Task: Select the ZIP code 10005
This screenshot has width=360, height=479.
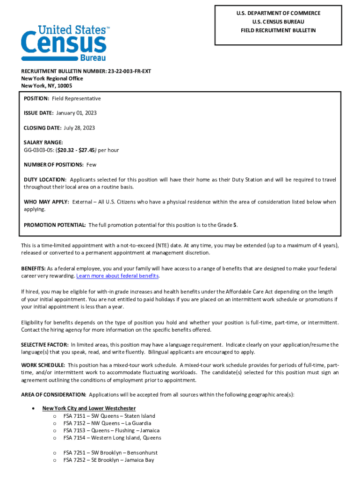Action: click(x=65, y=86)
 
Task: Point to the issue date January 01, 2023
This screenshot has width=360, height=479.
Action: click(x=76, y=113)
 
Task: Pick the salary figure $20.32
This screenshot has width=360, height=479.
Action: click(x=66, y=150)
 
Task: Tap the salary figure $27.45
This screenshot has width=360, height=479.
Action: click(x=86, y=150)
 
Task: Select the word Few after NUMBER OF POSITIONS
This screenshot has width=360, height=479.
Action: click(x=91, y=165)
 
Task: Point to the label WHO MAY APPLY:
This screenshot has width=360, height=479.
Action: click(x=46, y=202)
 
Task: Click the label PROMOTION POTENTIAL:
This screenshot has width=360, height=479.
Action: click(x=55, y=225)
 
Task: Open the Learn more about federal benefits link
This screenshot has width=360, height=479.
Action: click(x=117, y=276)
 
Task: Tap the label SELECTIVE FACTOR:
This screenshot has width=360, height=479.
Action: click(x=45, y=345)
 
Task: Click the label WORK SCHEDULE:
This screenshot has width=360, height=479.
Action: click(x=43, y=365)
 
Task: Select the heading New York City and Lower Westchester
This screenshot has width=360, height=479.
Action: click(x=89, y=408)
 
